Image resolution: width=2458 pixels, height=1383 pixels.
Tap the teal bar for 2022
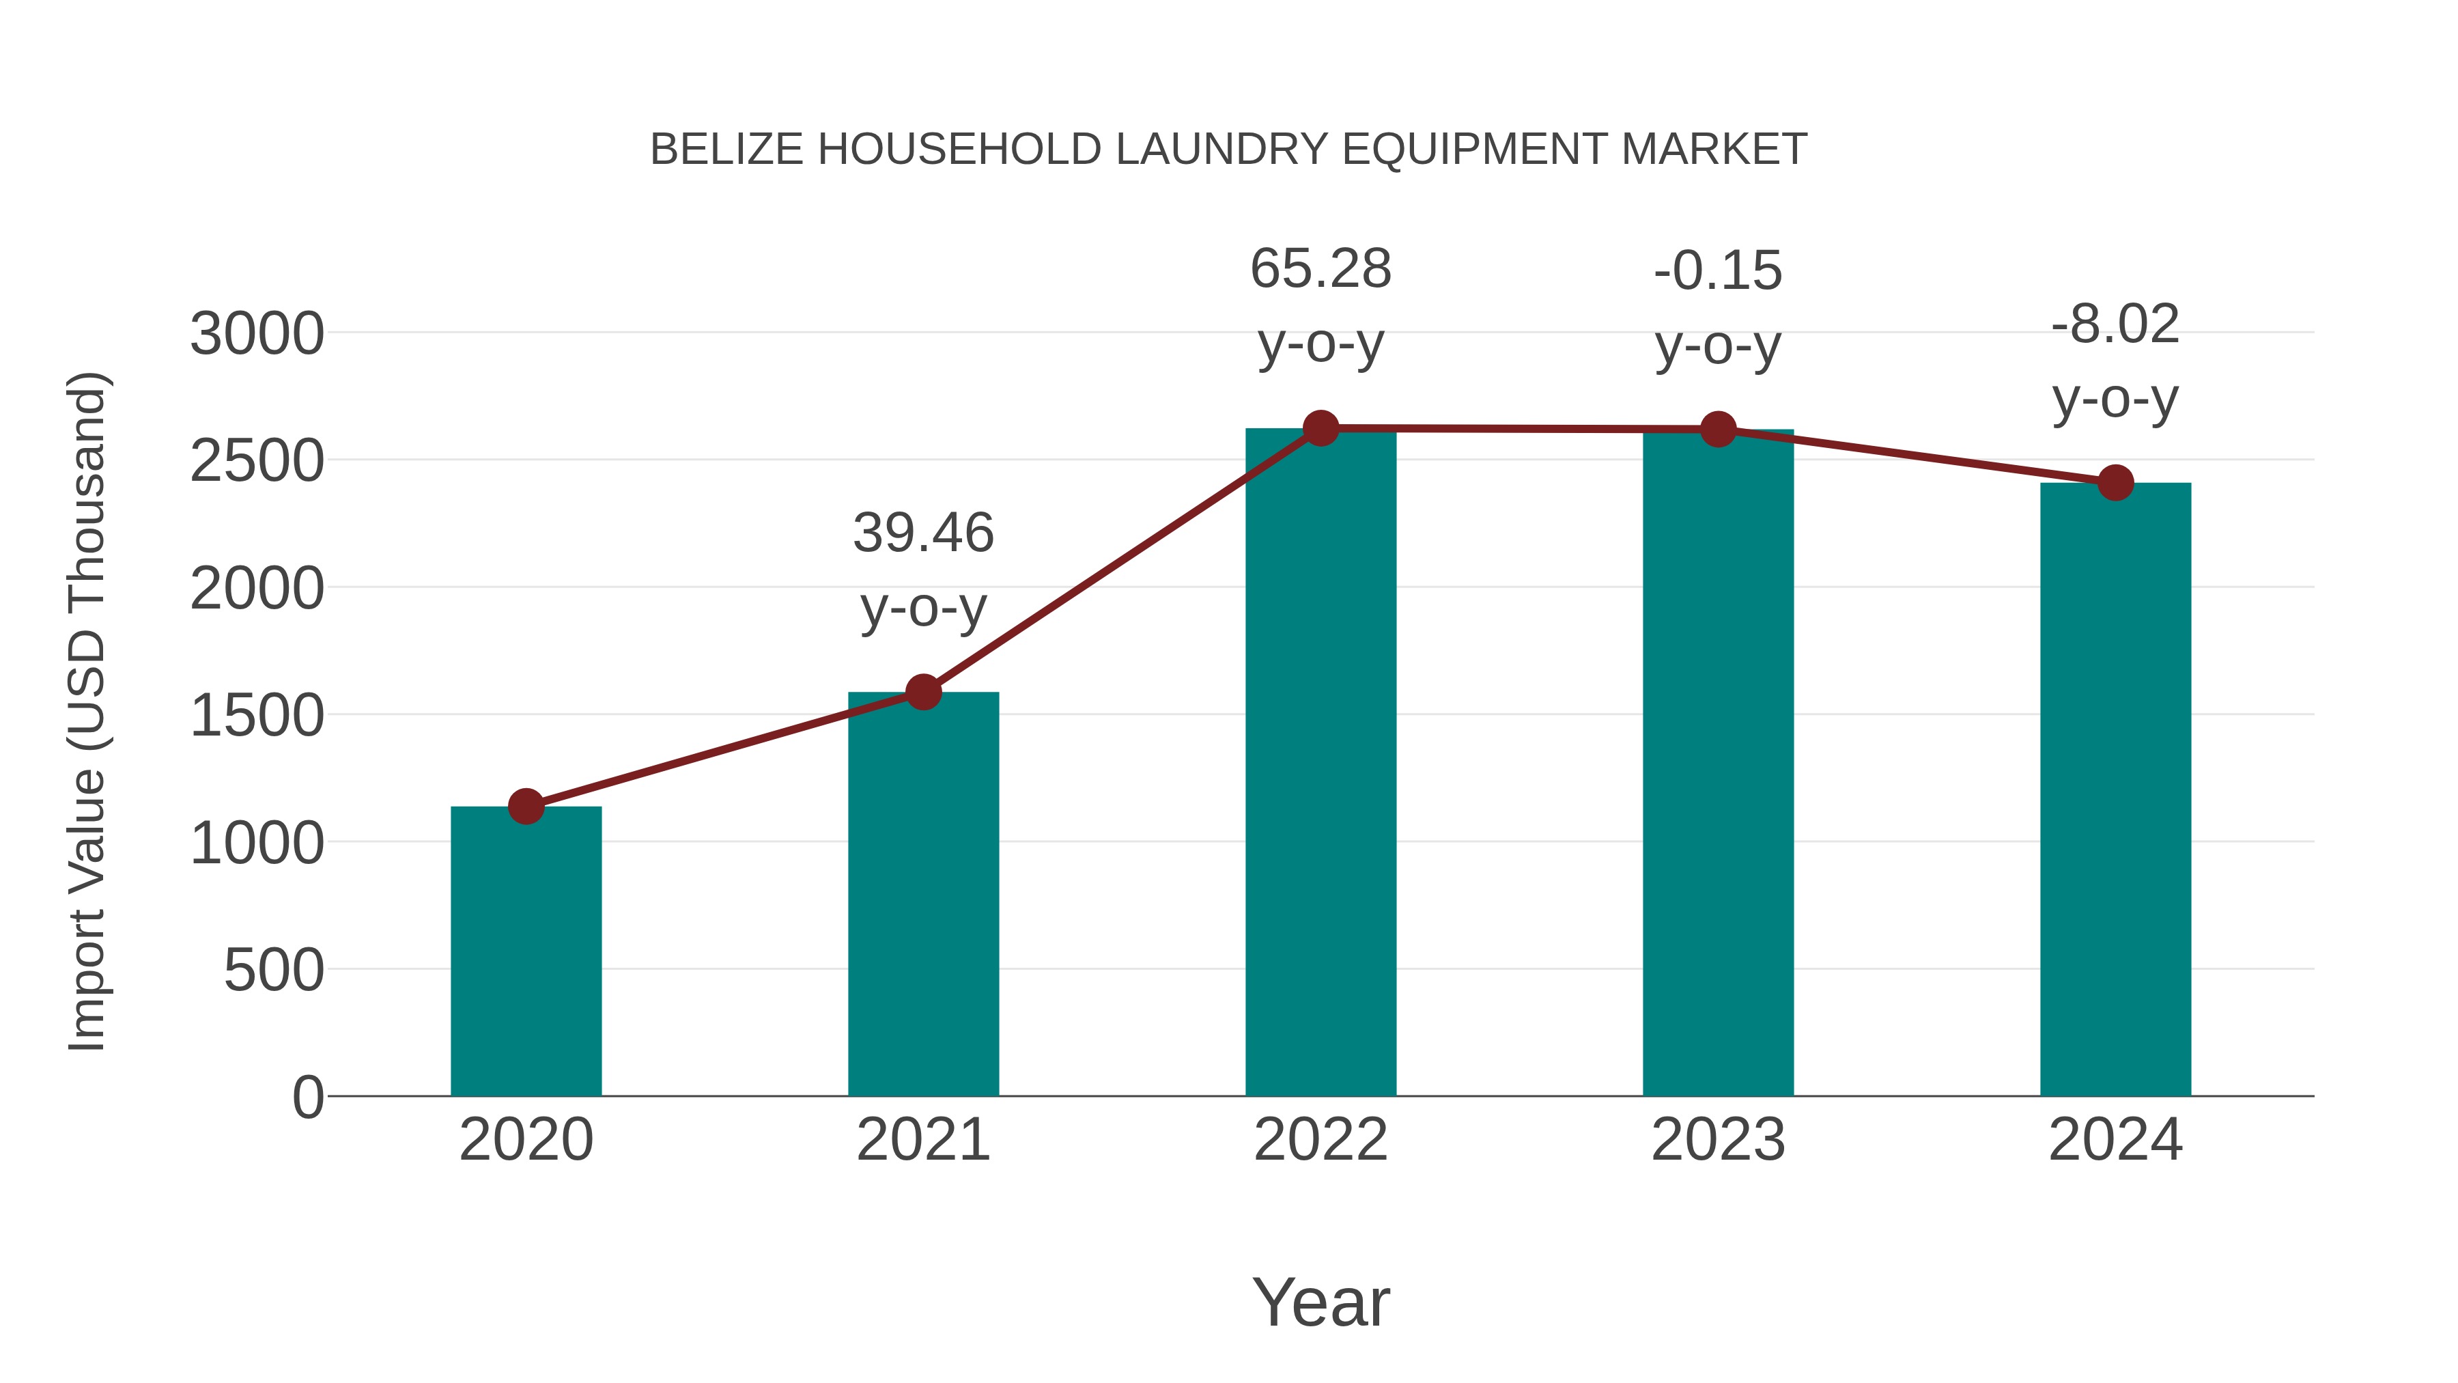click(x=1320, y=764)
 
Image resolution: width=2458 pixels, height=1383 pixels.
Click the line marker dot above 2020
click(x=526, y=807)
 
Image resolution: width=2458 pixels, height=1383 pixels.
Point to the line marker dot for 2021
click(x=922, y=692)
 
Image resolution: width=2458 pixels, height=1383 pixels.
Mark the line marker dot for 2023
click(x=1718, y=430)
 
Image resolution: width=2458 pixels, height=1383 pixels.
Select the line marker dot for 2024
click(x=2115, y=483)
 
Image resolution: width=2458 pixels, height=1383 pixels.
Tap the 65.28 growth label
click(x=1320, y=305)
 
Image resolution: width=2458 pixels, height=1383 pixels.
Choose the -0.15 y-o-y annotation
click(x=1718, y=307)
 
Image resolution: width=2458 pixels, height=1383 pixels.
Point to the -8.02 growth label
click(x=2115, y=361)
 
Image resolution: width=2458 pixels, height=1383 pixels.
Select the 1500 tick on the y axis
click(x=257, y=716)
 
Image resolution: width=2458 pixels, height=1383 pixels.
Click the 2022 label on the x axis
click(x=1320, y=1140)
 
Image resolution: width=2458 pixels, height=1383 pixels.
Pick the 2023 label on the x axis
click(x=1718, y=1140)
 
